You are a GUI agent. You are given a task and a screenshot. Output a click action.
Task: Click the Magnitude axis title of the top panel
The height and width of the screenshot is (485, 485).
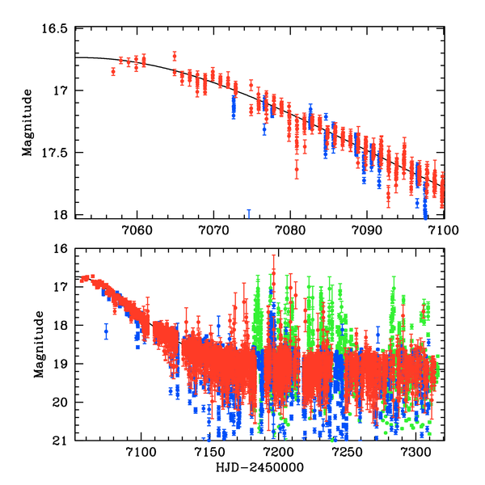[x=27, y=122]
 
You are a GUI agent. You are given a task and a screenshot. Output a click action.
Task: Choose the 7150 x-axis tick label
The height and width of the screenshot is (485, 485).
[x=209, y=453]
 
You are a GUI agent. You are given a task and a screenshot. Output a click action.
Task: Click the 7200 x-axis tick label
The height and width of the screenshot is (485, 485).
[x=278, y=453]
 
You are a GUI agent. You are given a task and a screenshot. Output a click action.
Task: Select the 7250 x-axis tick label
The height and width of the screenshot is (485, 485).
[x=348, y=453]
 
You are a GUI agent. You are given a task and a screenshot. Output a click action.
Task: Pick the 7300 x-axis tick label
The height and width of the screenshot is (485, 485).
[x=415, y=453]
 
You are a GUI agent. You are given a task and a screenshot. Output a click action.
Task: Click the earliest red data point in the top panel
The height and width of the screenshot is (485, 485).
[x=113, y=71]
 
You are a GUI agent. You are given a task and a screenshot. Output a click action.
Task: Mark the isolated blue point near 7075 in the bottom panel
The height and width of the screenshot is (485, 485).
[x=106, y=331]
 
